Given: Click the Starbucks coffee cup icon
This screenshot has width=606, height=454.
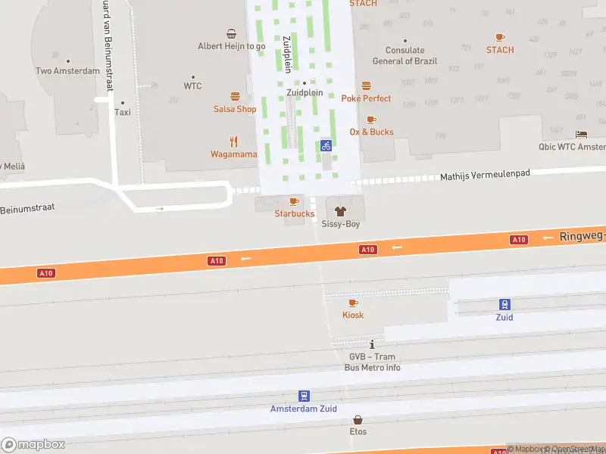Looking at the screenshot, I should (294, 201).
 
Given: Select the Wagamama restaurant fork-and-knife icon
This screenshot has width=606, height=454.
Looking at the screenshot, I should (233, 141).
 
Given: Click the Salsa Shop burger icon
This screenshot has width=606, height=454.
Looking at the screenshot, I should (235, 96).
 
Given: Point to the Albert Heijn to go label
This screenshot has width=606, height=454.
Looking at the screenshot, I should (232, 46).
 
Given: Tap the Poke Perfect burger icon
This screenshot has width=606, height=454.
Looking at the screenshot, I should (366, 86).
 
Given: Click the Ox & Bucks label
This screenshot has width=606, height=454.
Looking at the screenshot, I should (371, 132).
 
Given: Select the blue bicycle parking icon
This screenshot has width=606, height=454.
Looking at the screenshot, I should (326, 145).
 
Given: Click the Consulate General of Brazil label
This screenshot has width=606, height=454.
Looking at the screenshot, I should (404, 56).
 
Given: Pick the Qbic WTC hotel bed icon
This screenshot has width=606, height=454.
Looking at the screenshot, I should (581, 134).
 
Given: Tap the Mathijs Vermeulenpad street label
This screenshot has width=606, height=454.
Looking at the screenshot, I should (485, 176).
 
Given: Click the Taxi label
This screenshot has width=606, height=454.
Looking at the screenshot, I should (122, 112).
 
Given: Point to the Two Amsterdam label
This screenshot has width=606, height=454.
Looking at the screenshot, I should (67, 71).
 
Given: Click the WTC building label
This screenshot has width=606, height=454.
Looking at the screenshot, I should (192, 86).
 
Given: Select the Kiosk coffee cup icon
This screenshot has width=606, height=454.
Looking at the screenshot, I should (353, 303).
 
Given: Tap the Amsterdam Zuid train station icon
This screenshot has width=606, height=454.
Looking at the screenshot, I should (304, 396).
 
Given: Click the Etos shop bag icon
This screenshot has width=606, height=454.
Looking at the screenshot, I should (358, 420).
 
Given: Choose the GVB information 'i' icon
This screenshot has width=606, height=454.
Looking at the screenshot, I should (372, 344).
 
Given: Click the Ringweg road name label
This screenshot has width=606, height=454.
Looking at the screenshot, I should (582, 236).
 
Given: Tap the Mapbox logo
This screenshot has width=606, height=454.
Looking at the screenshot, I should (33, 445).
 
